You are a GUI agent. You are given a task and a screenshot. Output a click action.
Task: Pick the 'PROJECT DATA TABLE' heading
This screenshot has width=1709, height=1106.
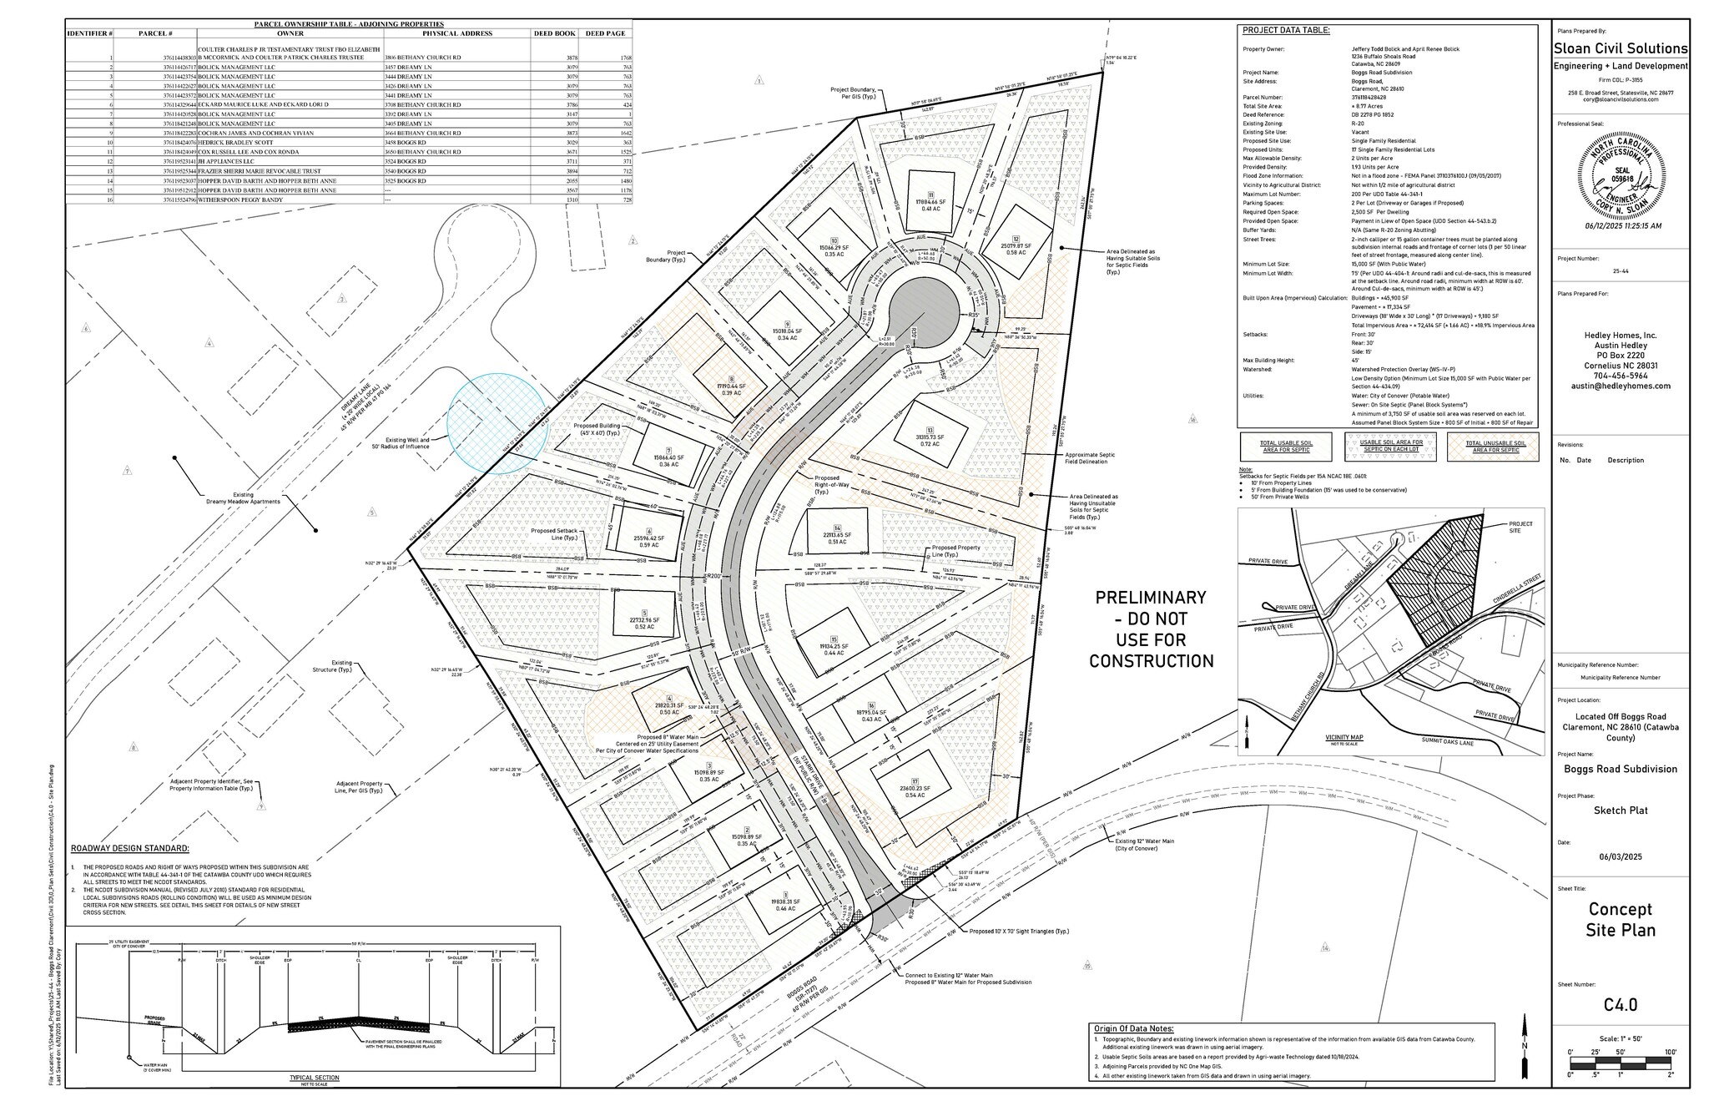click(1286, 31)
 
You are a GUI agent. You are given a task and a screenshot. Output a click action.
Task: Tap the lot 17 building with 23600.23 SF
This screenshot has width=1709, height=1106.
click(911, 789)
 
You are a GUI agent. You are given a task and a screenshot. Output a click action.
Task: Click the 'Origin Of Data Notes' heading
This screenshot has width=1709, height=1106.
click(1133, 1028)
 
